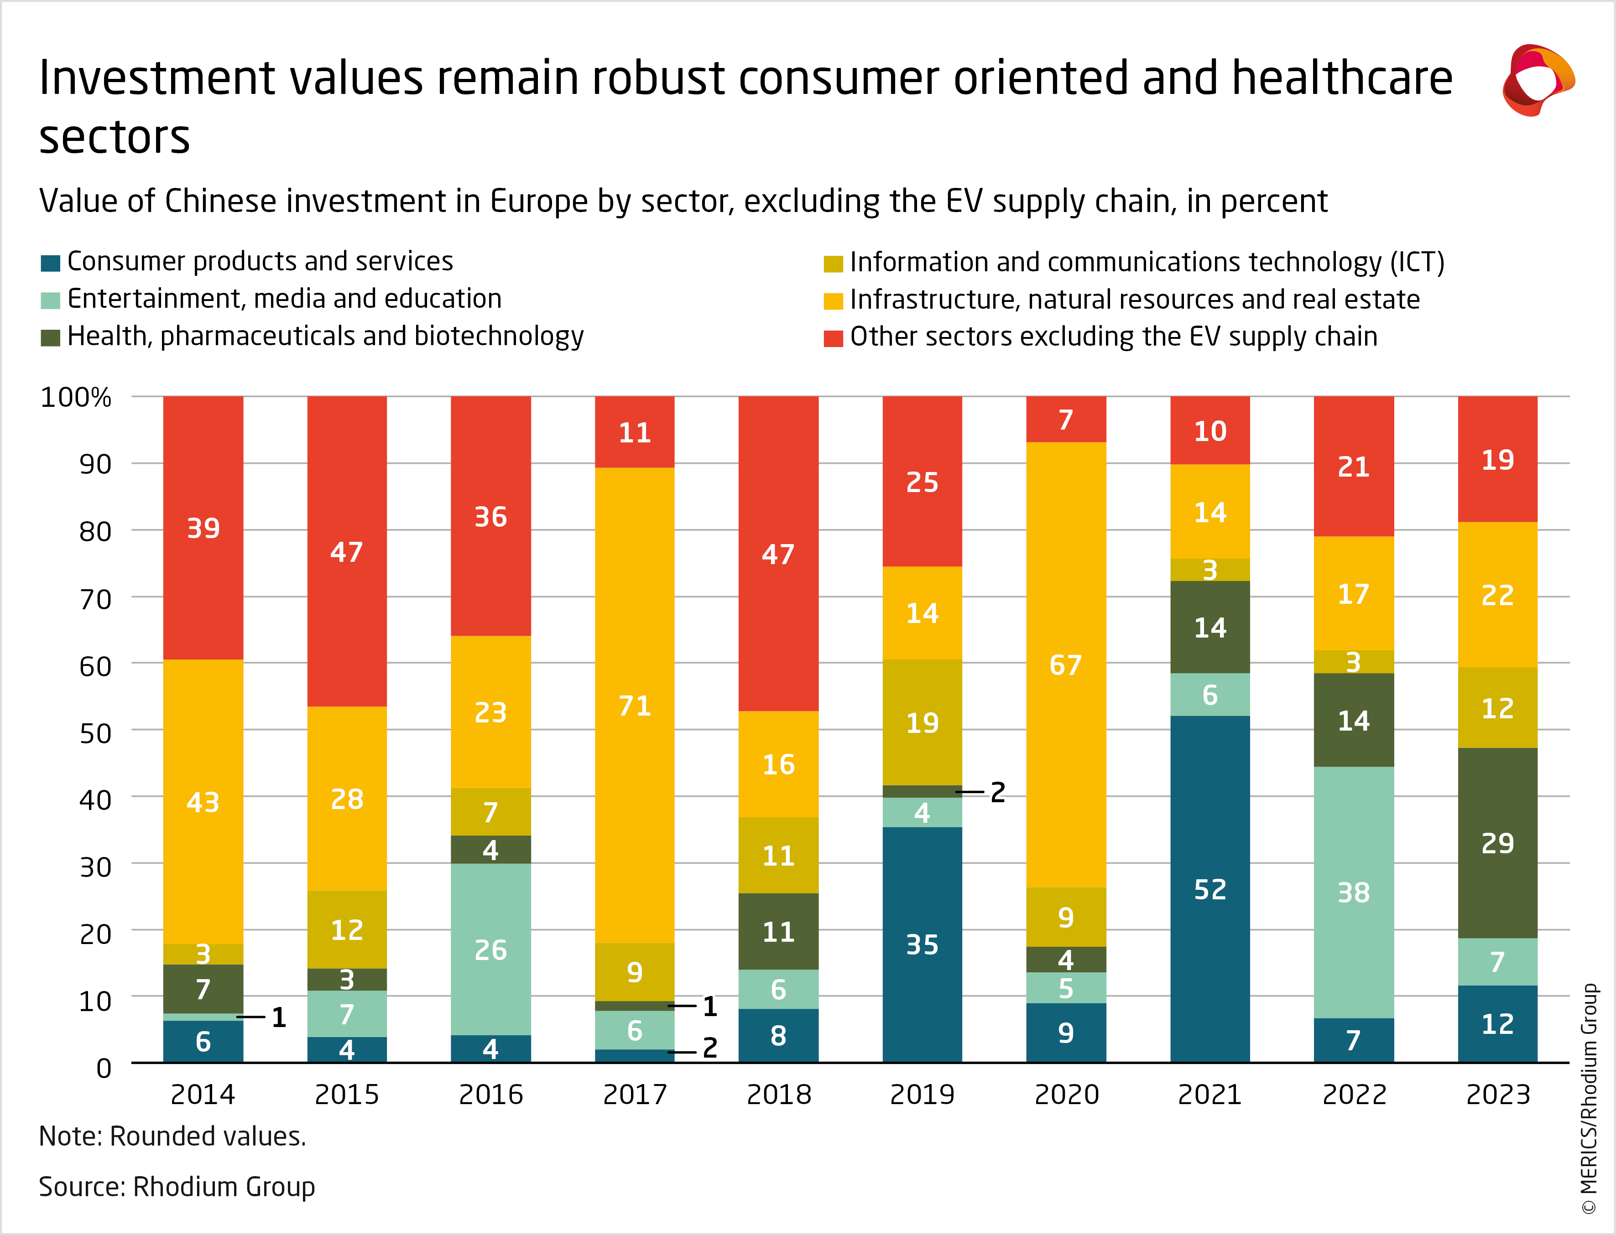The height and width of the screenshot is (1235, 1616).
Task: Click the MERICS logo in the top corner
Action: (1538, 79)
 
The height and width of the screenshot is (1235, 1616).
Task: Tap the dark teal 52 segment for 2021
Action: (1209, 889)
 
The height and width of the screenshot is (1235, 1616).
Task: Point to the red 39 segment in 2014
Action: (203, 527)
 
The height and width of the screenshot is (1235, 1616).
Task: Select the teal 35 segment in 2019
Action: (922, 944)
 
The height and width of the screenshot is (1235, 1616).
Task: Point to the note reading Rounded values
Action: (172, 1136)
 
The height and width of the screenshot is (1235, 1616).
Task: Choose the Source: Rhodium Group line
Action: (177, 1187)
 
